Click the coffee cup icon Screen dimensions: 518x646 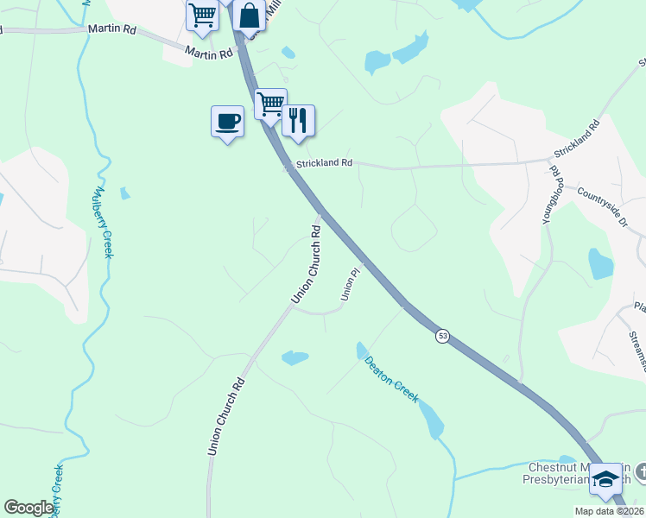227,122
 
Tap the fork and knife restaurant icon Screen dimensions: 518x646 298,121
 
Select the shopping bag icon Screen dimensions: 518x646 249,17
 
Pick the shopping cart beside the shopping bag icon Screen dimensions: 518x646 202,16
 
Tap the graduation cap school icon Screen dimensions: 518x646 606,479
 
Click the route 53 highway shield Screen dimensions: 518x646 442,335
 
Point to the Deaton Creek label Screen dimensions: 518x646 392,380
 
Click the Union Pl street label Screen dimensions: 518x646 349,285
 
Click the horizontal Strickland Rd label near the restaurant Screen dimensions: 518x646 324,162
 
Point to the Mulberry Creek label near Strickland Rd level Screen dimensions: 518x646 104,222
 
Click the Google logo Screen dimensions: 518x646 28,508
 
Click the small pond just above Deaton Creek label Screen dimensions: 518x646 294,357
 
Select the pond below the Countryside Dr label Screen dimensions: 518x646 599,263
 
